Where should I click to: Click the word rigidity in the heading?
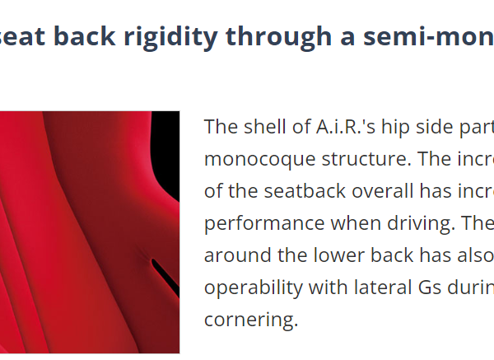(x=170, y=38)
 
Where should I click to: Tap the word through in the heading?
(x=278, y=38)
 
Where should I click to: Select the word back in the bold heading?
(x=85, y=36)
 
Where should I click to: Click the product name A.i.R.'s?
(x=346, y=127)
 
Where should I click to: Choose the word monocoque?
(x=259, y=160)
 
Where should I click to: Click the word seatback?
(x=305, y=191)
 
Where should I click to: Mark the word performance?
(x=264, y=224)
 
